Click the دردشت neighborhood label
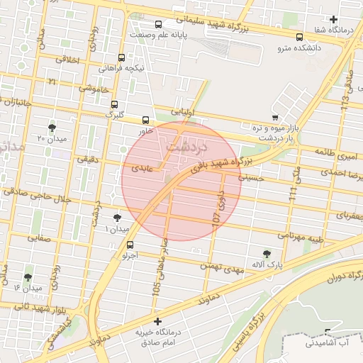(185, 146)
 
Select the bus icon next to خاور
(146, 120)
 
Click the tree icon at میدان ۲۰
(52, 127)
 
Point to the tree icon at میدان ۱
(117, 218)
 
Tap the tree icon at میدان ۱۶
(28, 277)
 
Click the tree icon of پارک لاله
(267, 253)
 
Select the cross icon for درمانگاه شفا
(333, 18)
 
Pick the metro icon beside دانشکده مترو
(299, 37)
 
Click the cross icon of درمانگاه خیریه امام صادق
(157, 321)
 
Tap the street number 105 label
(156, 288)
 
